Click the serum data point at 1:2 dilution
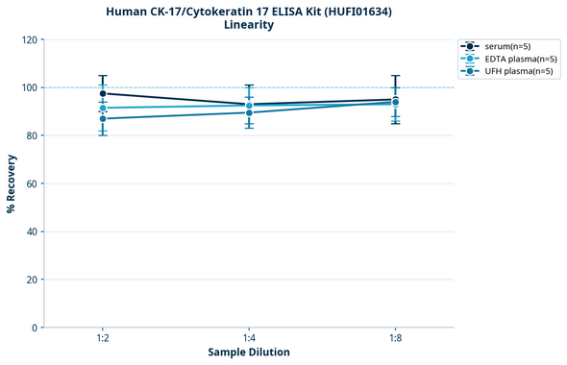click(103, 93)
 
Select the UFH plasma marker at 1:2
click(103, 118)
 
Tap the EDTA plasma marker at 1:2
click(103, 108)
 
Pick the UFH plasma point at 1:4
click(249, 112)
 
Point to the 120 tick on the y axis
click(30, 40)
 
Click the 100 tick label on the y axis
click(30, 88)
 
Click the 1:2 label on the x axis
click(103, 339)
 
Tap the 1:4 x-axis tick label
click(249, 339)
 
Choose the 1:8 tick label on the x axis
click(395, 339)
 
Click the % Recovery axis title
click(12, 183)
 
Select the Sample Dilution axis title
click(249, 353)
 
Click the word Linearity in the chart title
click(248, 25)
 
